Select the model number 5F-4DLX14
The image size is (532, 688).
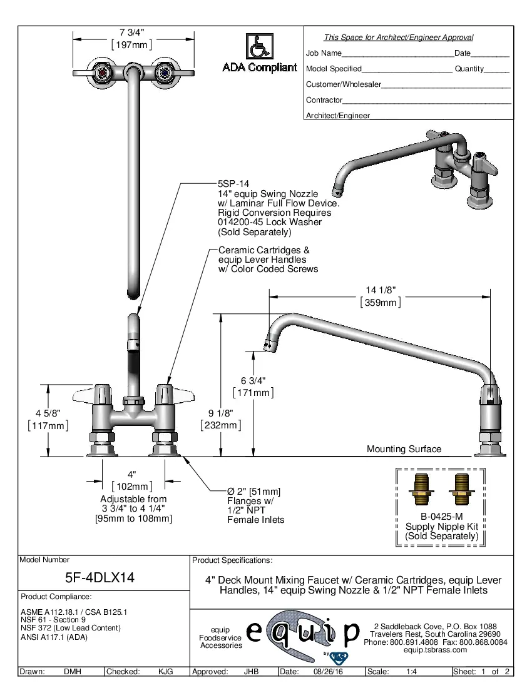click(100, 578)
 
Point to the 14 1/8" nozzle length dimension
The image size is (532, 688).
click(380, 290)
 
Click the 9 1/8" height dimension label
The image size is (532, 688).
click(220, 413)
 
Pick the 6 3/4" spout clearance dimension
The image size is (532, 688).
click(253, 380)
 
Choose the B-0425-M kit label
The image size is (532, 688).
click(441, 517)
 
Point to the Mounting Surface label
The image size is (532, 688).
click(404, 449)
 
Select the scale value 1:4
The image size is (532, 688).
click(412, 672)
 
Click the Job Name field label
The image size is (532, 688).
click(324, 53)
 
